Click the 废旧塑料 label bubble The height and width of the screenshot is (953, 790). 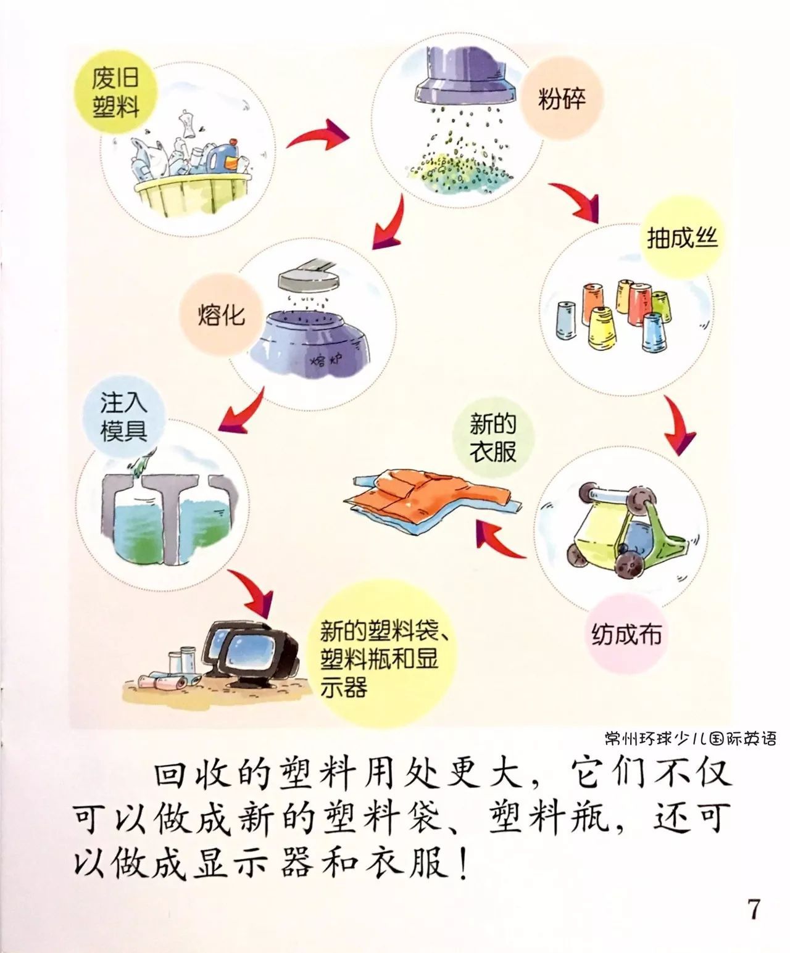click(x=115, y=92)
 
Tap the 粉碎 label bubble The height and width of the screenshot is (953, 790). click(x=560, y=99)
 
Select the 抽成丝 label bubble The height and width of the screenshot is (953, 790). click(x=682, y=237)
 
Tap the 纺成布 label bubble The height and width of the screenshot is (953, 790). click(x=626, y=633)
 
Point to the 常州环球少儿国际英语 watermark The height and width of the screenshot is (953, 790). click(x=690, y=738)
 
